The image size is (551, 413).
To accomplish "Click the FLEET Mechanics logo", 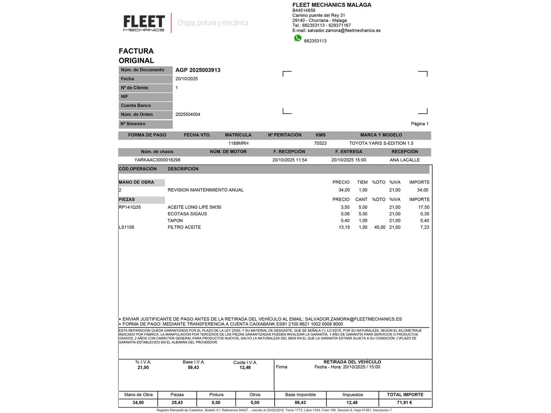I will (144, 23).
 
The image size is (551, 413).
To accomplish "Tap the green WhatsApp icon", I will (298, 38).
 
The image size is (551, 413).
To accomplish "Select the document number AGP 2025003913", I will (198, 70).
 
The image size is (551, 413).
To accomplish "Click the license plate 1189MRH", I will (238, 143).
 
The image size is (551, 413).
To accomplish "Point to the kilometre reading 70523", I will (320, 143).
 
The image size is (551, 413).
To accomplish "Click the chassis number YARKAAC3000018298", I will (157, 160).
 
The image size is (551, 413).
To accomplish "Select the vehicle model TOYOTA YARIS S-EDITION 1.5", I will (381, 143).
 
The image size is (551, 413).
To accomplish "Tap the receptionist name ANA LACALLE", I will (405, 160).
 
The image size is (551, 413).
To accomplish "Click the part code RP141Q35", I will (130, 207).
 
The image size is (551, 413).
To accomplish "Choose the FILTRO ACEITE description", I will (184, 227).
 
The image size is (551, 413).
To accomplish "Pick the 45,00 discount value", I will (380, 227).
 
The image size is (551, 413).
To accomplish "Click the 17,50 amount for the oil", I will (424, 207).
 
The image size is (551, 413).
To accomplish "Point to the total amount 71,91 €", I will (404, 403).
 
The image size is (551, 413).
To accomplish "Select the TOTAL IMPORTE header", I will (405, 395).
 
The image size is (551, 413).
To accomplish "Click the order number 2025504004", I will (188, 115).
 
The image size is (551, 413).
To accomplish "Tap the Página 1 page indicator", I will (420, 124).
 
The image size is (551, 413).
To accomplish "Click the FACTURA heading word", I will (136, 51).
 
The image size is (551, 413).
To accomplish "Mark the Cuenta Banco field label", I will (136, 106).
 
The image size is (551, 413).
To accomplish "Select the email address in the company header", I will (344, 31).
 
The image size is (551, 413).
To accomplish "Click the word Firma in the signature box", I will (282, 367).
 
